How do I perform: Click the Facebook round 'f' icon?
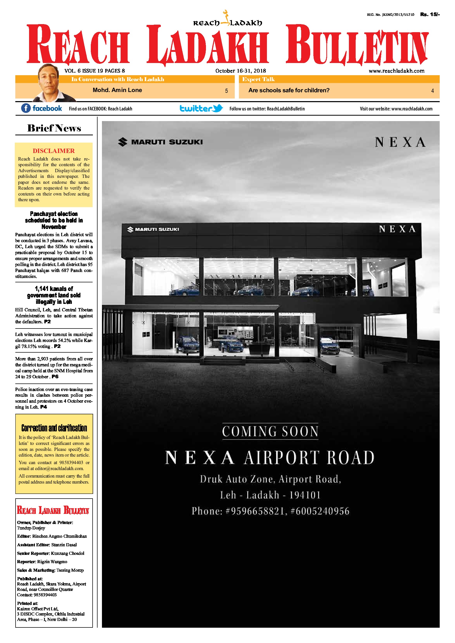(26, 108)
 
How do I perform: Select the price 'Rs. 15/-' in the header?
(430, 14)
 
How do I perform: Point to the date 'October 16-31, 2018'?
(240, 71)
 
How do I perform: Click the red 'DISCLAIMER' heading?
(53, 151)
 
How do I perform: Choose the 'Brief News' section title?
(54, 128)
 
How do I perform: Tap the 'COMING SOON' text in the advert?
(270, 431)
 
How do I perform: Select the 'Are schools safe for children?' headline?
(289, 90)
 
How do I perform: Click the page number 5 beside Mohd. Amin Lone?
(226, 91)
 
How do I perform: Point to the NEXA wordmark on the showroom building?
(397, 229)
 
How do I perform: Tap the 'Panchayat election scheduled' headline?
(54, 220)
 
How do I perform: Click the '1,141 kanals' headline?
(54, 295)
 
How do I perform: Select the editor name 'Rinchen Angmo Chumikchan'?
(59, 536)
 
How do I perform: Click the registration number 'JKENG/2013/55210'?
(398, 15)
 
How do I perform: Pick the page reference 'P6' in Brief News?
(55, 377)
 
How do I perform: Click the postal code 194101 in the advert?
(305, 495)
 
